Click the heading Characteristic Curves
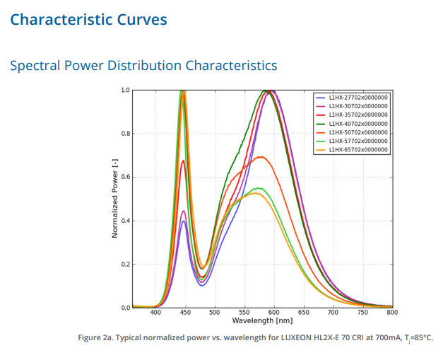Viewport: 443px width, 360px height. coord(88,19)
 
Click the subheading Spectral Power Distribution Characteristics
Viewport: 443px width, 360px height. coord(143,66)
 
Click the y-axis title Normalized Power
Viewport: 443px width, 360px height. coord(115,199)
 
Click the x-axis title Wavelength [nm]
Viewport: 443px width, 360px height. coord(262,320)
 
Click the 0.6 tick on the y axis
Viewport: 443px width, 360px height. coord(125,178)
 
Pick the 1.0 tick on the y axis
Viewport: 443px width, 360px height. coord(125,91)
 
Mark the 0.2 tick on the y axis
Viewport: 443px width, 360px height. coord(125,265)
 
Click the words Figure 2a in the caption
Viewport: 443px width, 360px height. coord(95,337)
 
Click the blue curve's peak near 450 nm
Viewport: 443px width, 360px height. coord(184,221)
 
